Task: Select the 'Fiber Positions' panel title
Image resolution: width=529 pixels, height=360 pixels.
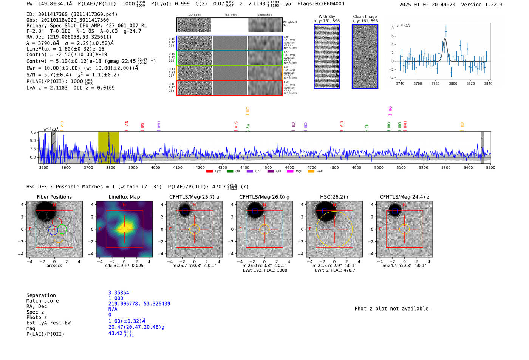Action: click(x=54, y=197)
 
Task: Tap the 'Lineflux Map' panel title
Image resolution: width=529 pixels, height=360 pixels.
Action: click(x=124, y=197)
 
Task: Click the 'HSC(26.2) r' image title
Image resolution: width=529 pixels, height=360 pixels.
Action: click(x=334, y=197)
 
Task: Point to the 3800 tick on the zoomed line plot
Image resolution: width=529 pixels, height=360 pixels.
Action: click(x=453, y=83)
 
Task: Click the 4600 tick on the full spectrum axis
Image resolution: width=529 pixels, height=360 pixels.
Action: click(x=289, y=168)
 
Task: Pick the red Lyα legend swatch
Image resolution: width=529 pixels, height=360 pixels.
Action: click(x=209, y=172)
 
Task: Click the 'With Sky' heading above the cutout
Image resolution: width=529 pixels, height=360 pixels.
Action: click(x=327, y=17)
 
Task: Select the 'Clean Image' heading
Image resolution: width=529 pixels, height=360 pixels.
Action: click(x=365, y=17)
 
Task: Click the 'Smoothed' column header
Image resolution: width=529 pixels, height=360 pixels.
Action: click(x=264, y=15)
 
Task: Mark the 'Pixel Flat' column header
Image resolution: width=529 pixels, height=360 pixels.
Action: click(x=230, y=15)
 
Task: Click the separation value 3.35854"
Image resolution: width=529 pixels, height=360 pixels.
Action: click(x=120, y=293)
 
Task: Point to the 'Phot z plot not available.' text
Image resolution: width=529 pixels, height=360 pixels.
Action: click(x=393, y=309)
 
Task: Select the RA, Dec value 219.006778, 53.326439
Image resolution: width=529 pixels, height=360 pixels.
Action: click(x=139, y=304)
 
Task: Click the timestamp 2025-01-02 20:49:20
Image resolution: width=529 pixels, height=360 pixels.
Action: click(x=427, y=5)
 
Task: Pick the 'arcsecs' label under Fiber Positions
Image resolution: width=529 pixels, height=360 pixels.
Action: click(x=54, y=266)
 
